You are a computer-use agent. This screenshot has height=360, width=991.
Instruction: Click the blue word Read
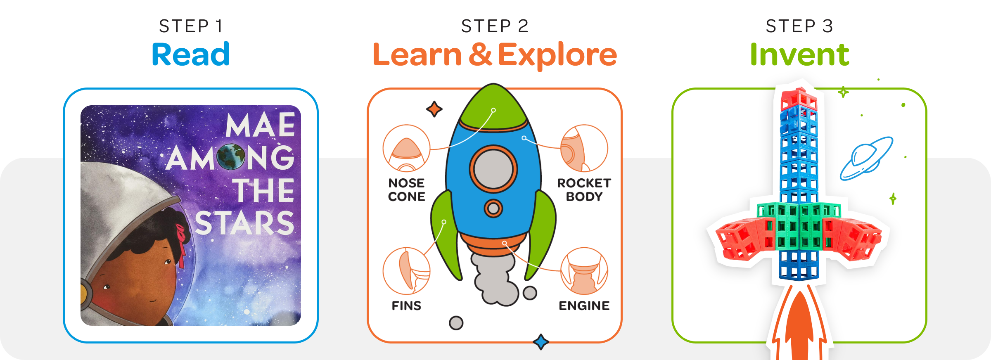pos(191,54)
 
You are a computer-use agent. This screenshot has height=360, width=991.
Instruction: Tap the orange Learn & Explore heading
pos(494,55)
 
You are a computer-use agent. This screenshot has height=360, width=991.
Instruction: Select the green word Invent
pos(799,54)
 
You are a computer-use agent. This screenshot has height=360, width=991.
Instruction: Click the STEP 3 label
pos(799,26)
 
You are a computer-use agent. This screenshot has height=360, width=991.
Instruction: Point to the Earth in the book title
pos(231,157)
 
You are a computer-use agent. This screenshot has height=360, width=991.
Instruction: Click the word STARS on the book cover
pos(244,223)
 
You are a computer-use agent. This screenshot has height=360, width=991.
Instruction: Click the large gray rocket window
pos(493,169)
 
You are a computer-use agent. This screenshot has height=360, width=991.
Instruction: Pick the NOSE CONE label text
pos(407,189)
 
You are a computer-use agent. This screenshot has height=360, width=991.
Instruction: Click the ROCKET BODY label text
pos(584,189)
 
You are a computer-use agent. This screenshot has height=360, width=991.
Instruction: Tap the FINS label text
pos(407,306)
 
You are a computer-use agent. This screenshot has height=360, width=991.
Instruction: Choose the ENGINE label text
pos(584,306)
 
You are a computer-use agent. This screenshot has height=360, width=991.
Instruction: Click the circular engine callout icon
pos(584,271)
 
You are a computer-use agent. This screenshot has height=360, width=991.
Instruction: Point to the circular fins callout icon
pos(407,271)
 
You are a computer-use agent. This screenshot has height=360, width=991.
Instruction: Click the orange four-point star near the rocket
pos(434,109)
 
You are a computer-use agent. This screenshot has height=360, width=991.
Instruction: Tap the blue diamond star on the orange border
pos(541,342)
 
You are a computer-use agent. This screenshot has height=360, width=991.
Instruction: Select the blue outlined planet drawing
pos(866,159)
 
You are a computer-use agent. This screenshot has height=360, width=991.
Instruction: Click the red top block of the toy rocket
pos(799,99)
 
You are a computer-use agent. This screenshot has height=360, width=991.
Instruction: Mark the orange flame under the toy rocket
pos(800,326)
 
